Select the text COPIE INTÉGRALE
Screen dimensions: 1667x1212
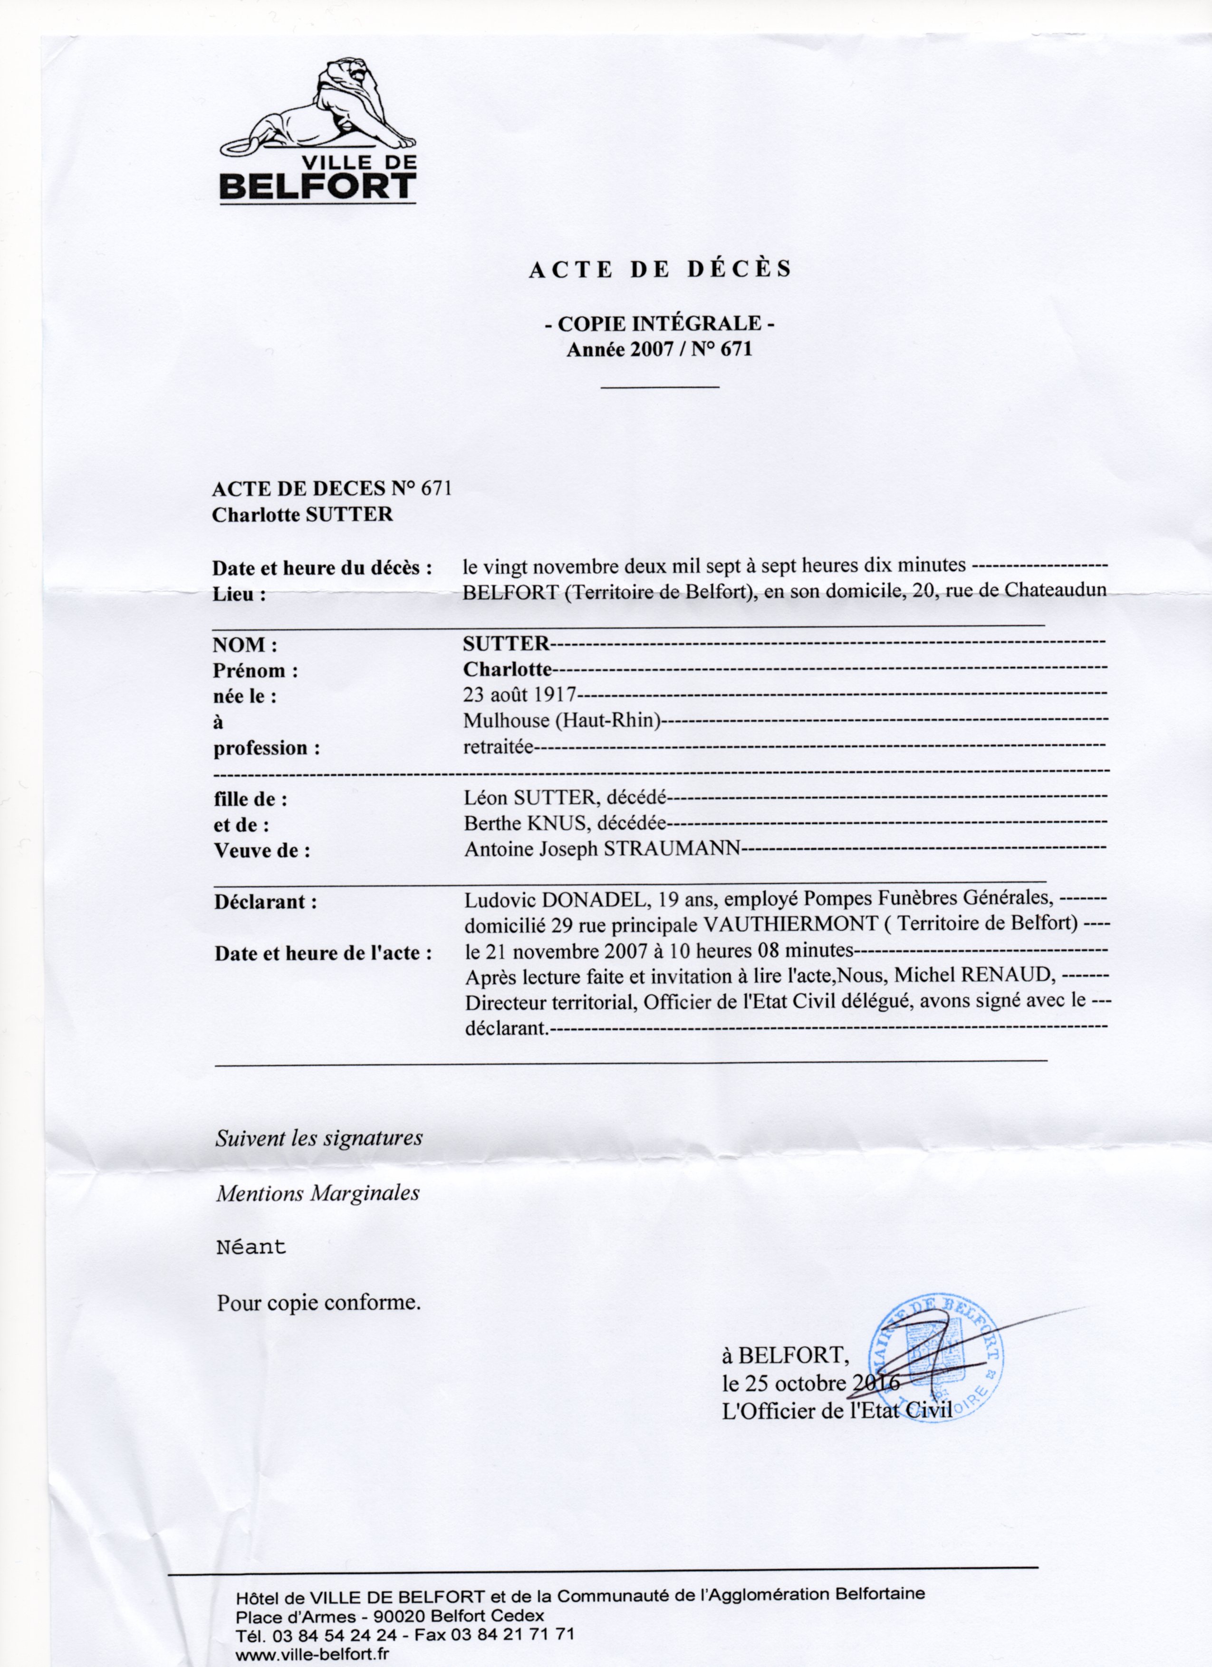660,324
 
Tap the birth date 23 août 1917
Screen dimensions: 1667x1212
519,694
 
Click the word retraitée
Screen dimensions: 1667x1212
497,747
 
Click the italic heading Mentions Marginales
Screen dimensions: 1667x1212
317,1193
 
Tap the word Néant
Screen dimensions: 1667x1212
251,1248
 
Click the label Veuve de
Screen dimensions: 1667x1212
262,851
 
